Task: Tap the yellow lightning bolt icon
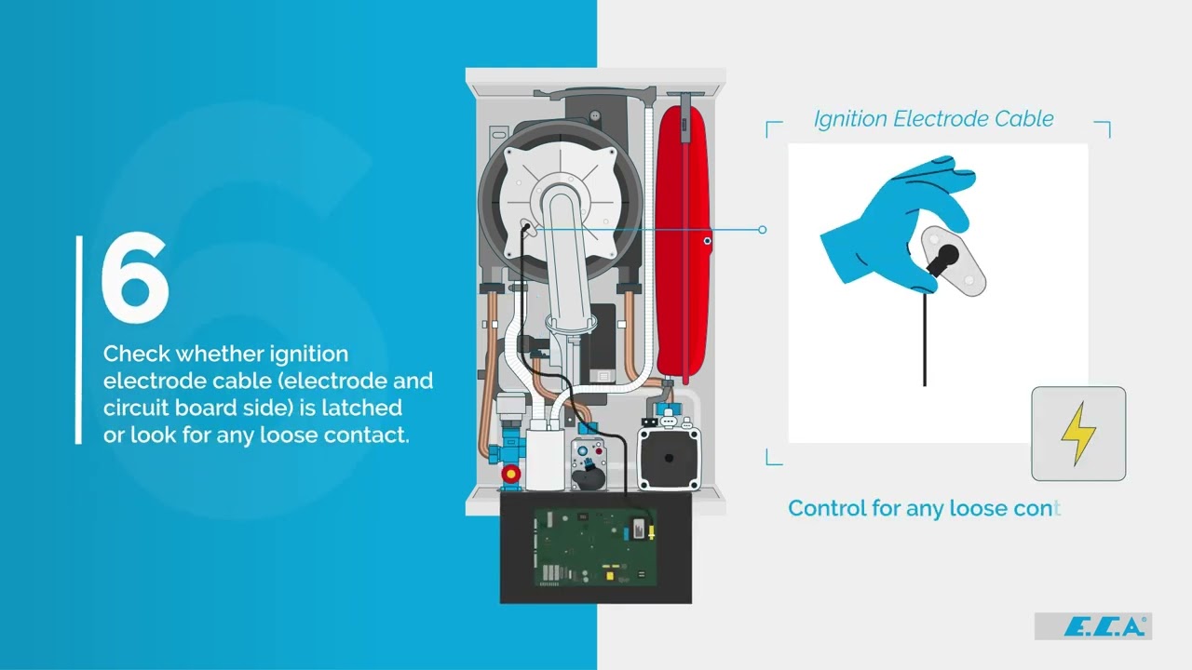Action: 1078,434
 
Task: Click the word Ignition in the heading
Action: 850,119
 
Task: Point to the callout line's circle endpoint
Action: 763,229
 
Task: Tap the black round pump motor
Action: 667,456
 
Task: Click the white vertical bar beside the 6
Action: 79,340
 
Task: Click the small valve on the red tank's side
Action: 708,242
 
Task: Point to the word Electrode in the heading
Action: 939,119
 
